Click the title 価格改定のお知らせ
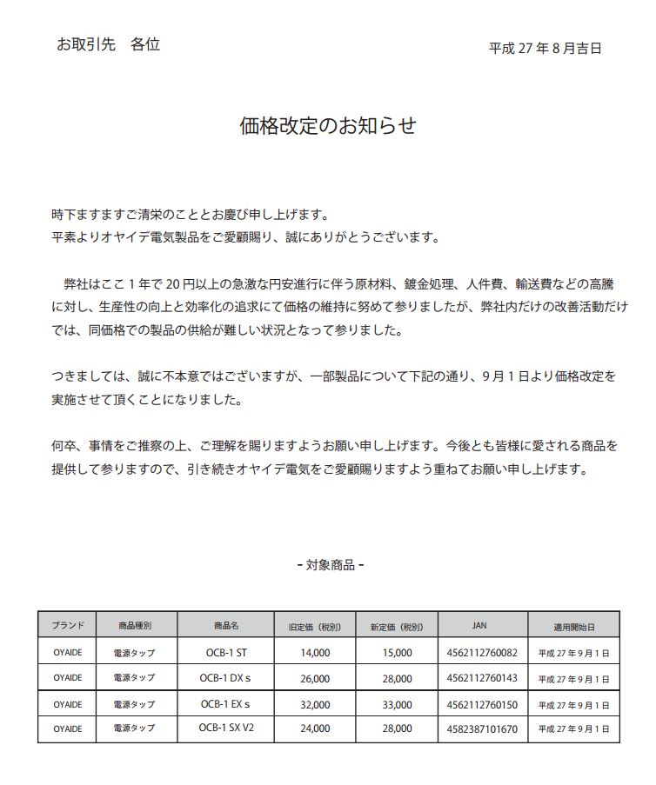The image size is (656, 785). (328, 126)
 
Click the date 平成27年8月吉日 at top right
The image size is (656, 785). (546, 49)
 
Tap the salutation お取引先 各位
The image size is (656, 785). (108, 44)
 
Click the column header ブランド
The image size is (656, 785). (68, 625)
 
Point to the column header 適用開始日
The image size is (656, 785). (573, 625)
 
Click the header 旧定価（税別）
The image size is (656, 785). (314, 626)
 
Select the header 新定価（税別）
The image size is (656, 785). (396, 626)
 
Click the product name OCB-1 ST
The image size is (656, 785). (225, 650)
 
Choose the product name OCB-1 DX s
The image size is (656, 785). (225, 677)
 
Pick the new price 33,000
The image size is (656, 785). (397, 704)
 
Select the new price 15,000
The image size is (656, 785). (397, 651)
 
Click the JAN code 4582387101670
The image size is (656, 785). (482, 728)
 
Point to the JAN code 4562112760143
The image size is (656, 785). (482, 677)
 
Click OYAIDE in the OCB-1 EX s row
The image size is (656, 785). (68, 703)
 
